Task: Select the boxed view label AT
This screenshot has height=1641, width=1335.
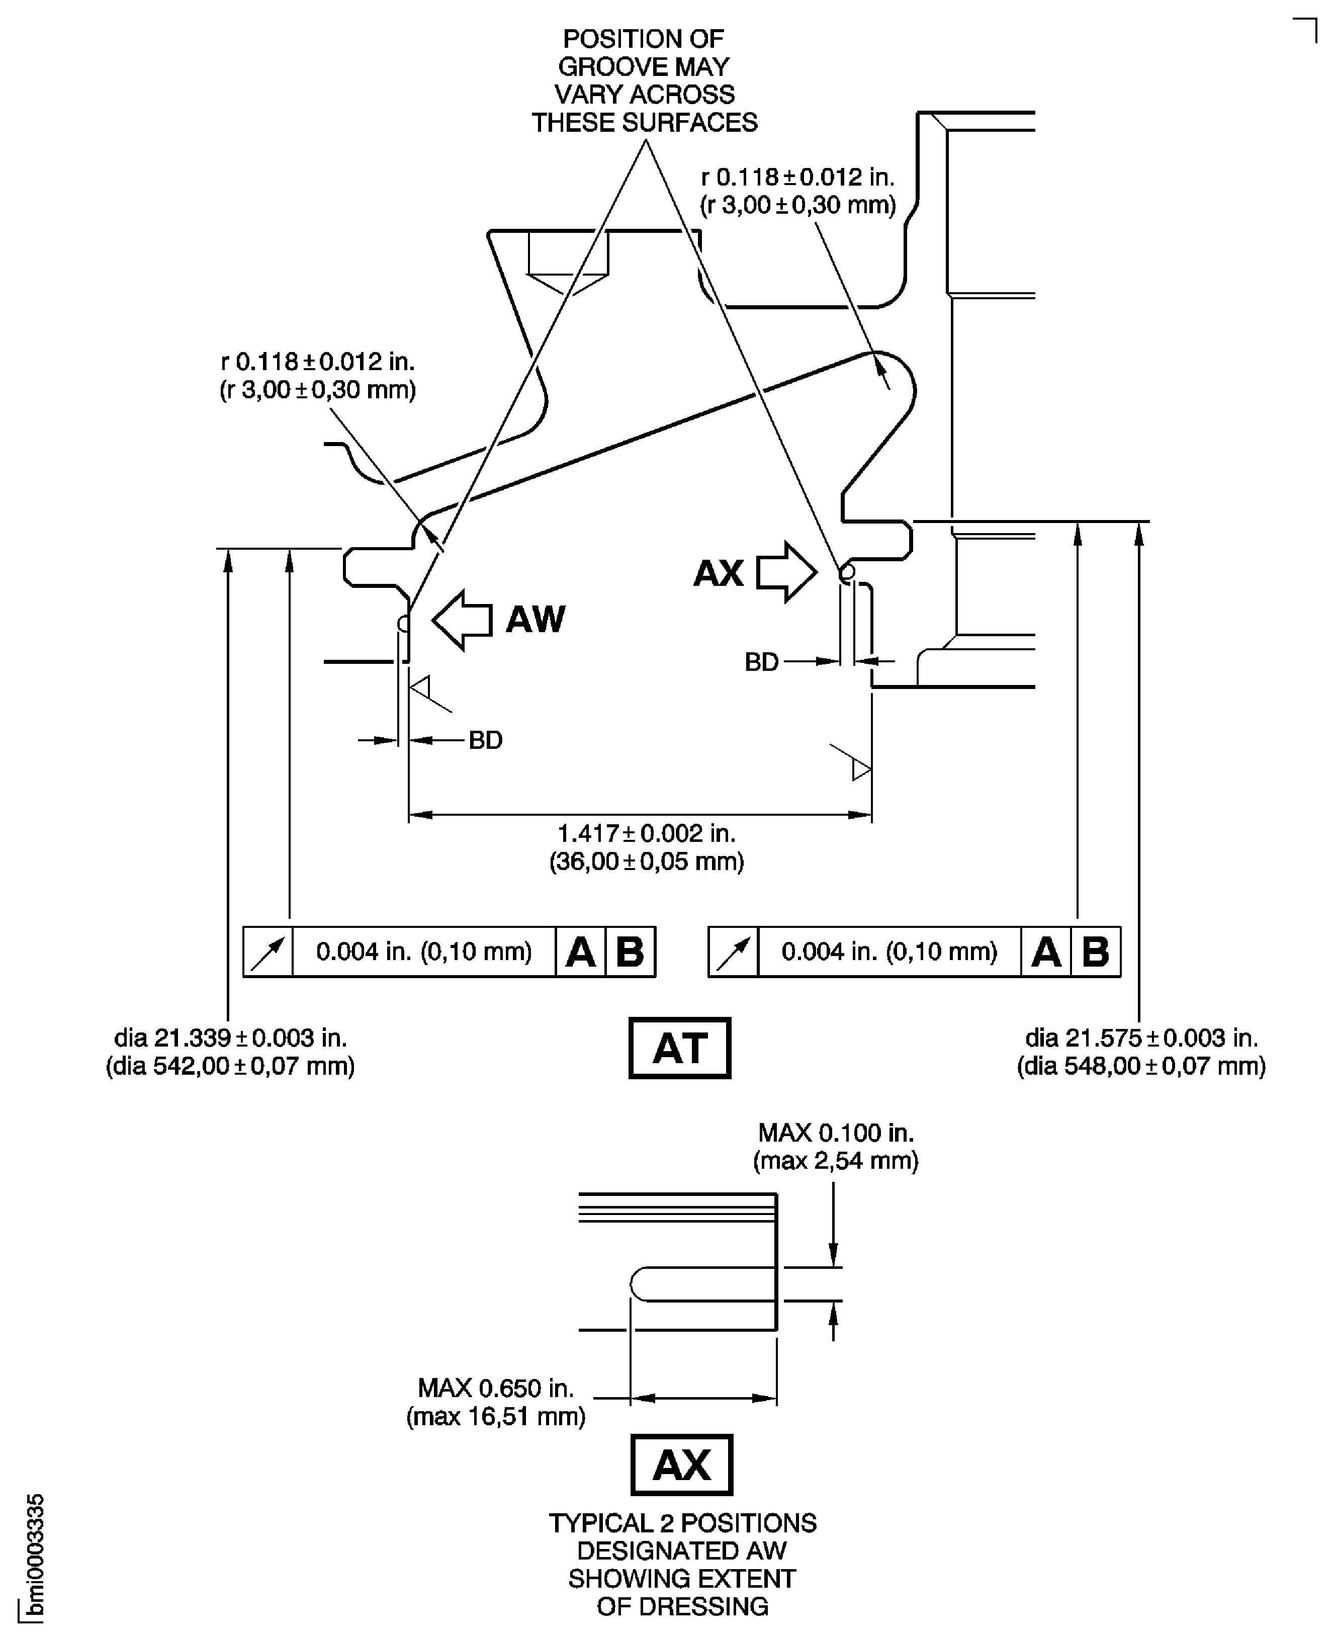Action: click(679, 1048)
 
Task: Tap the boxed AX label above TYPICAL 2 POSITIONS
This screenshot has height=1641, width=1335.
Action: click(681, 1465)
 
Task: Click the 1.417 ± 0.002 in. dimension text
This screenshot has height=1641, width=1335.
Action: click(646, 833)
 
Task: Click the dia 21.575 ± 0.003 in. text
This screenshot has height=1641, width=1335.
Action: click(1141, 1038)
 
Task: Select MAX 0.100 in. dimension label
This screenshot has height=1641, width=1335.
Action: click(836, 1133)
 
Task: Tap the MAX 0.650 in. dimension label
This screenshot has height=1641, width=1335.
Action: click(496, 1388)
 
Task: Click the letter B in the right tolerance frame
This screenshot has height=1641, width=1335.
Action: click(1095, 952)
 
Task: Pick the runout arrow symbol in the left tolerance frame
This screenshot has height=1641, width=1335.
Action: click(268, 952)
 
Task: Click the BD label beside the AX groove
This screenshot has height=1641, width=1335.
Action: click(761, 662)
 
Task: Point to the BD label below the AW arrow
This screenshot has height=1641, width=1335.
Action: click(485, 740)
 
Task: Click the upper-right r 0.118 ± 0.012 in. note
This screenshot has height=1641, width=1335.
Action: click(797, 178)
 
